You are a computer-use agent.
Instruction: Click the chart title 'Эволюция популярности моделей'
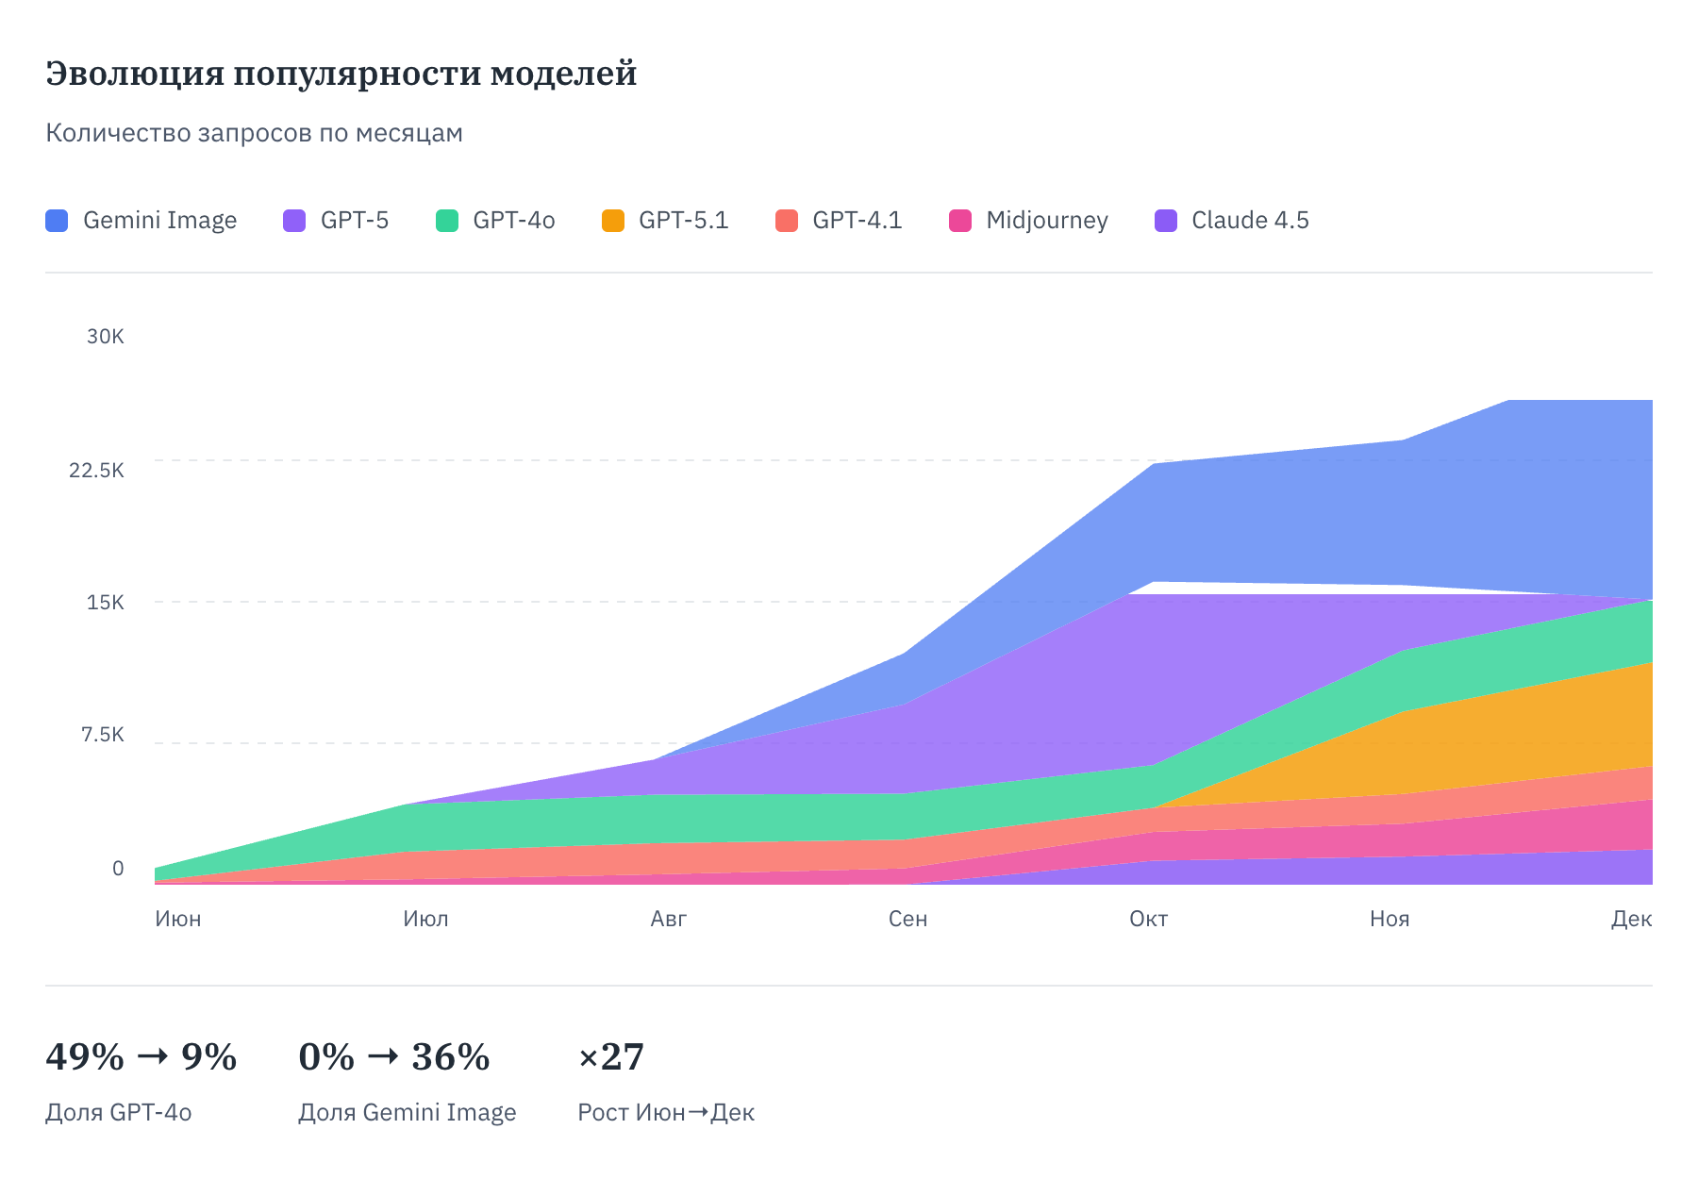pos(341,74)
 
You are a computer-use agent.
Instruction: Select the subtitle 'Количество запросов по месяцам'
pos(254,133)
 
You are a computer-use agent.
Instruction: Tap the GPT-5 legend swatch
pos(294,221)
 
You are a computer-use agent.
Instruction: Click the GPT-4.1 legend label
pos(857,221)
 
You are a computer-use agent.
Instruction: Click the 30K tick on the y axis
pos(105,337)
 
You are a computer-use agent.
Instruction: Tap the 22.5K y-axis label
pos(96,470)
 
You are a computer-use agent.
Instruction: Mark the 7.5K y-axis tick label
pos(102,735)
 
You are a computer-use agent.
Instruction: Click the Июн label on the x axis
pos(178,919)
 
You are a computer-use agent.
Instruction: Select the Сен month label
pos(907,919)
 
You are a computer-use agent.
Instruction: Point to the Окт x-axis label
pos(1148,919)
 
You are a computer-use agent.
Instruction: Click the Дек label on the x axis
pos(1631,919)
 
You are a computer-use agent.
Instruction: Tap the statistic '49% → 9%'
pos(141,1057)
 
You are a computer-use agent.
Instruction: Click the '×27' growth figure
pos(611,1057)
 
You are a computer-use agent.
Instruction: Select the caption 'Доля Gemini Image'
pos(407,1113)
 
